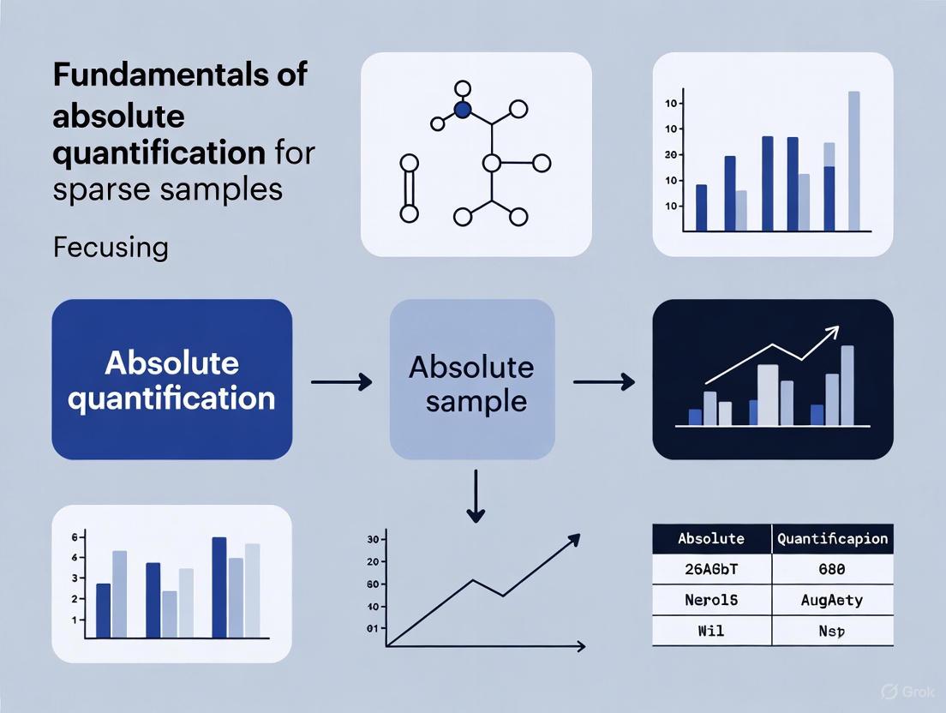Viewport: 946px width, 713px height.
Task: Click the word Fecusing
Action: click(110, 248)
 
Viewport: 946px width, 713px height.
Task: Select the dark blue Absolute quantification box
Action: click(171, 380)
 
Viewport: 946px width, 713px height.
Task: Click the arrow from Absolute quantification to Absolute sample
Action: click(341, 381)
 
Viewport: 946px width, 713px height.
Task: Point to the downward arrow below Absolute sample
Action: click(476, 497)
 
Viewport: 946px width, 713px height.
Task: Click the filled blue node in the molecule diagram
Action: click(463, 110)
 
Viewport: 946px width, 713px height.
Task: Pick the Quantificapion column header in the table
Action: click(832, 539)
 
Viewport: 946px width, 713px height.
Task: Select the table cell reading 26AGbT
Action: click(711, 569)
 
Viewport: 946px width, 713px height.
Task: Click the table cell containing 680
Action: click(831, 569)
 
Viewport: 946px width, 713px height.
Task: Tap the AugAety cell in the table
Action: click(831, 600)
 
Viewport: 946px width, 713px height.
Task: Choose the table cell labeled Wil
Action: click(711, 631)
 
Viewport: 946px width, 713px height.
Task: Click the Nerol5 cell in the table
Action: click(711, 600)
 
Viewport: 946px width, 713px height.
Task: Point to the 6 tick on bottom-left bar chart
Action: click(75, 537)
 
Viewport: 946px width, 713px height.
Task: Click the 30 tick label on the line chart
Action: click(372, 539)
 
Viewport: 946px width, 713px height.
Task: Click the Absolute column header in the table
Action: click(711, 539)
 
